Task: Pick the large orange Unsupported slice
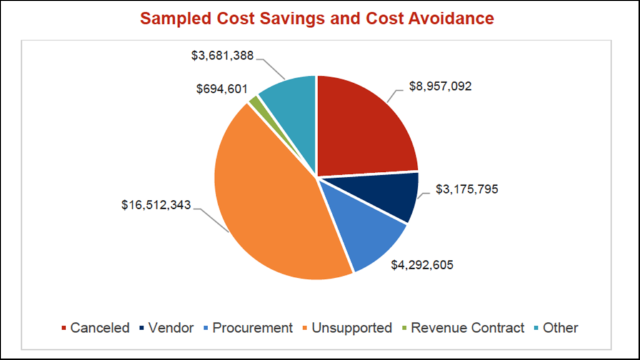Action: point(269,200)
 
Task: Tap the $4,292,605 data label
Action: point(422,264)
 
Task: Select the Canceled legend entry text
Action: point(100,327)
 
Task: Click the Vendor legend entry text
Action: point(171,327)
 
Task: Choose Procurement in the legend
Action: point(252,327)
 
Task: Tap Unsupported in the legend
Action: point(352,327)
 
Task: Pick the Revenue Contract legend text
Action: point(467,327)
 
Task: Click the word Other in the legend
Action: point(560,327)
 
